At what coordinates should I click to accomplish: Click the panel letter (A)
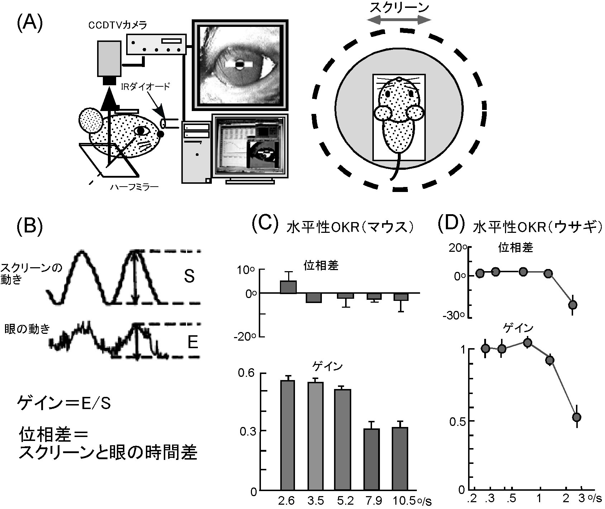click(30, 24)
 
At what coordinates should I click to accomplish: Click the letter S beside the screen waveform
click(189, 277)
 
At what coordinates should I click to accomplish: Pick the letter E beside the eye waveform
click(192, 343)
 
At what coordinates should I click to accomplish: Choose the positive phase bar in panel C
click(288, 287)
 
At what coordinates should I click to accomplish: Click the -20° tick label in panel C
click(245, 336)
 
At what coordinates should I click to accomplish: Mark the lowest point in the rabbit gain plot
click(576, 417)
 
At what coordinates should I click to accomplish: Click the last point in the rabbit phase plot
click(573, 304)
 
